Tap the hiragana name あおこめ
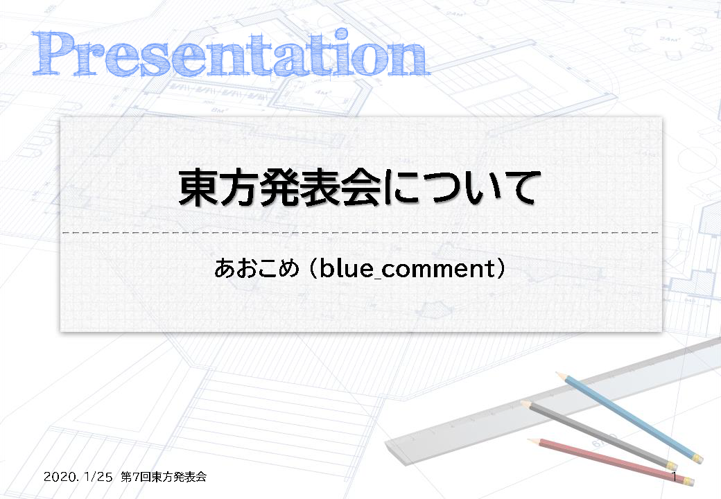257,268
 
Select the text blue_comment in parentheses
406,268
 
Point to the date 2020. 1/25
78,477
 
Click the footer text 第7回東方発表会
163,477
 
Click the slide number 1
674,477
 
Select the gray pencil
599,435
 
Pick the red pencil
611,461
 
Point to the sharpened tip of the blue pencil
557,373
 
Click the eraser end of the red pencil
689,481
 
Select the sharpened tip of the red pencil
528,439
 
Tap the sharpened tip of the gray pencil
521,401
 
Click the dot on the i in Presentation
342,35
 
